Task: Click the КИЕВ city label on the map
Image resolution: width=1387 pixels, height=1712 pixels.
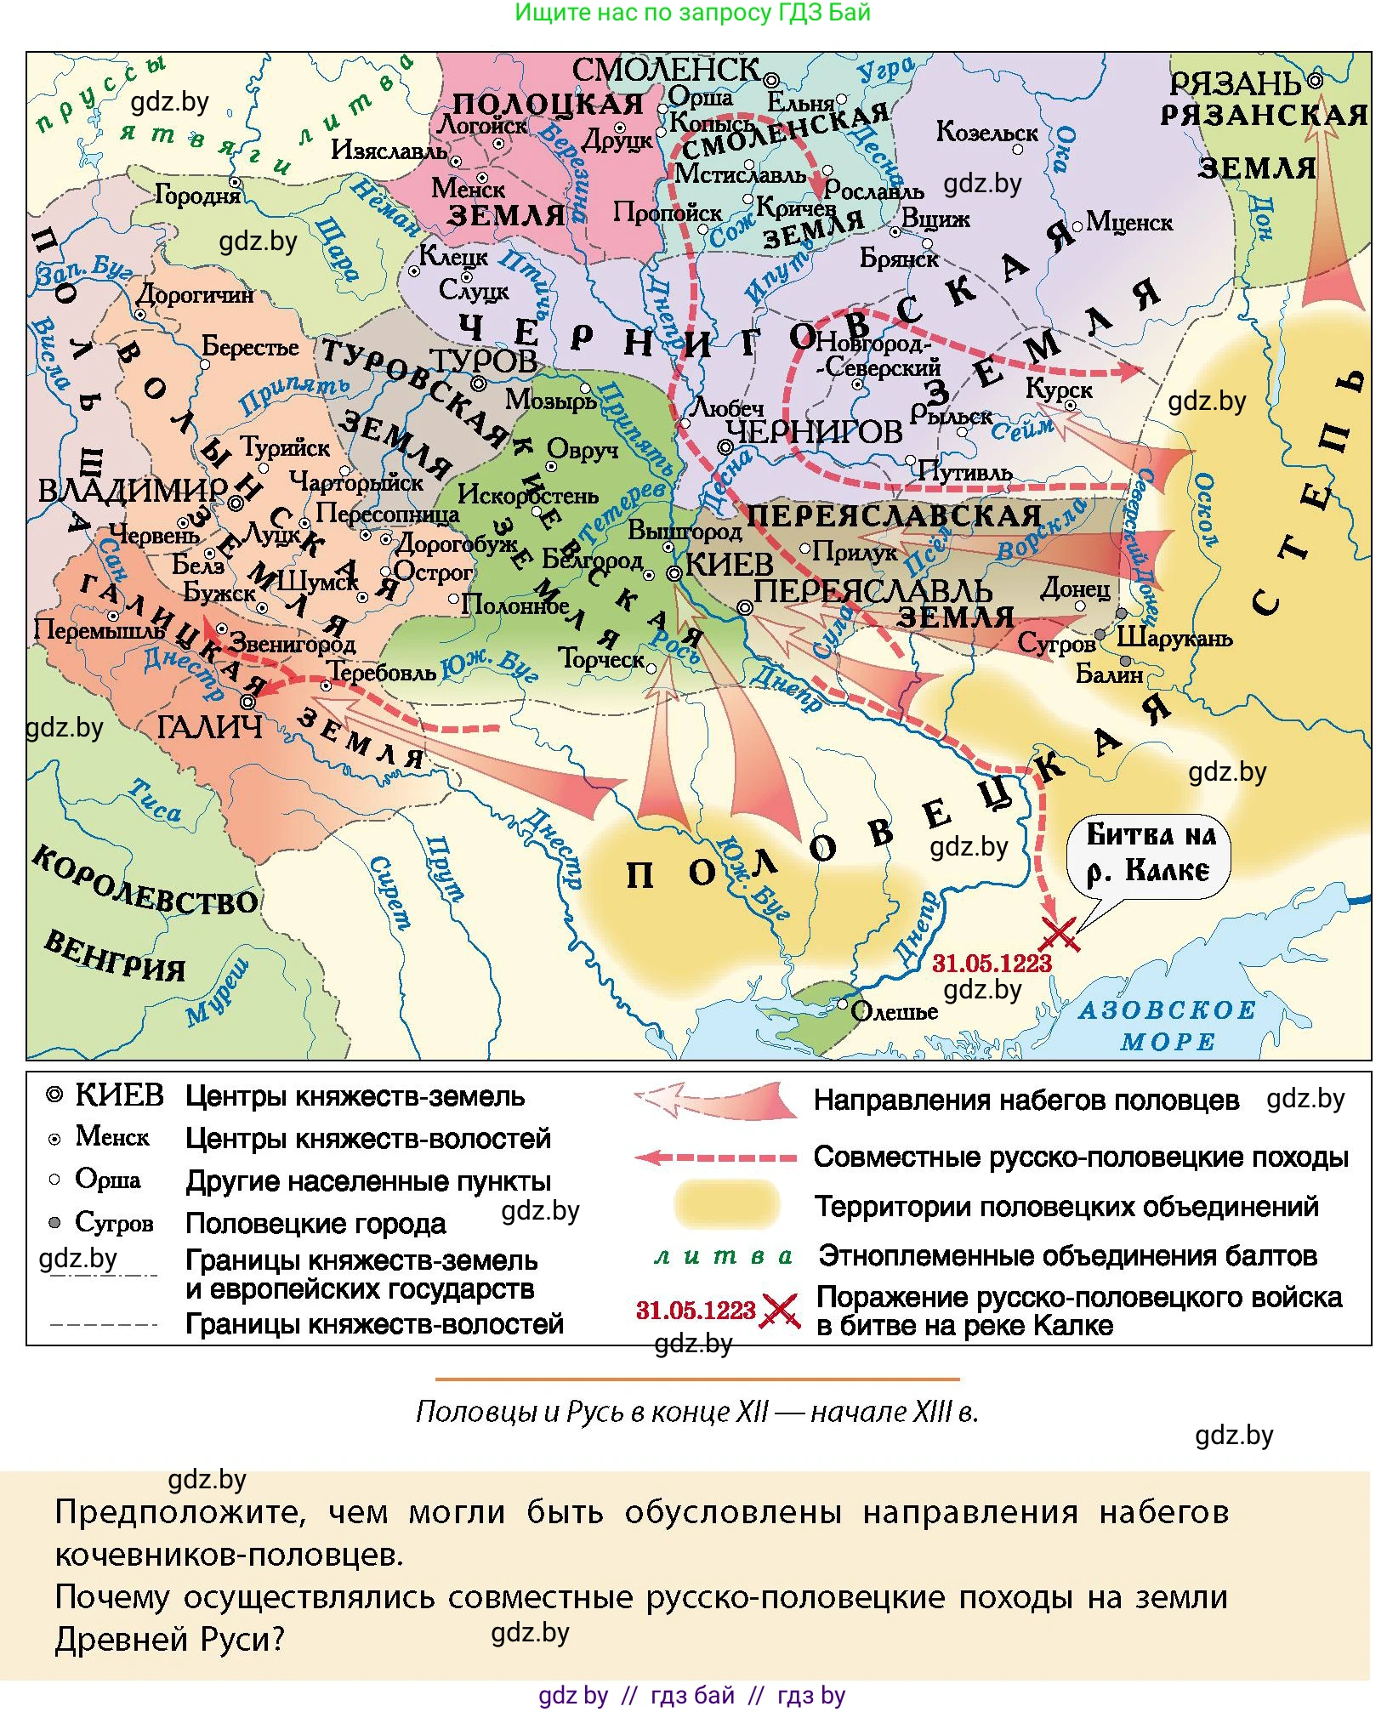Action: pyautogui.click(x=728, y=564)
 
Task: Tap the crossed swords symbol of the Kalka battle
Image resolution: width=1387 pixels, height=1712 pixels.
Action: pyautogui.click(x=1059, y=935)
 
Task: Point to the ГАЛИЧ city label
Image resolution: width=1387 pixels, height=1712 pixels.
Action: pyautogui.click(x=209, y=727)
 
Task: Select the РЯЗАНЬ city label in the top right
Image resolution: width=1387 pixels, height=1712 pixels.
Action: pyautogui.click(x=1235, y=83)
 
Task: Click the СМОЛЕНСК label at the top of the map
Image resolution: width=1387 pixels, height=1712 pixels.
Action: pyautogui.click(x=666, y=70)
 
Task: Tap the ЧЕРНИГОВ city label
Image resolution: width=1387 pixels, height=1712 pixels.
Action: pyautogui.click(x=814, y=432)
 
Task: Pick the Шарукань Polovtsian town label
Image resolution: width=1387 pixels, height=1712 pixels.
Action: pyautogui.click(x=1174, y=637)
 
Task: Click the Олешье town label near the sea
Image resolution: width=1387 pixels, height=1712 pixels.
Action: pyautogui.click(x=894, y=1011)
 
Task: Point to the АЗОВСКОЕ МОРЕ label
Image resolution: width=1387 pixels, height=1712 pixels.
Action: pyautogui.click(x=1167, y=1025)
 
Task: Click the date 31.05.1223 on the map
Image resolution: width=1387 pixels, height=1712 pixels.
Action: pyautogui.click(x=992, y=964)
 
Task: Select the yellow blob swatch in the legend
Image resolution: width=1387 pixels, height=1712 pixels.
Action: pyautogui.click(x=726, y=1204)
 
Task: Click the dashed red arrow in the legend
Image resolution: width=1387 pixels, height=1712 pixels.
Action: pyautogui.click(x=715, y=1157)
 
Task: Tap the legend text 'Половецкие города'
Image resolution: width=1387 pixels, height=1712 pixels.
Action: pyautogui.click(x=315, y=1223)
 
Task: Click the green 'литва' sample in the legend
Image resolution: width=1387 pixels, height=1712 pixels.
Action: pyautogui.click(x=723, y=1256)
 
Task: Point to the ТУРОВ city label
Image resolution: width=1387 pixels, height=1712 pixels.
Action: pyautogui.click(x=484, y=361)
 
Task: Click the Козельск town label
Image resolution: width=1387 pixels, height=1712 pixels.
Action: pyautogui.click(x=986, y=132)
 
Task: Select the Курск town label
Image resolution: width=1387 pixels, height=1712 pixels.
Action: pyautogui.click(x=1058, y=389)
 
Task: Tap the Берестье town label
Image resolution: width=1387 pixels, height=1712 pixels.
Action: pyautogui.click(x=250, y=346)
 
